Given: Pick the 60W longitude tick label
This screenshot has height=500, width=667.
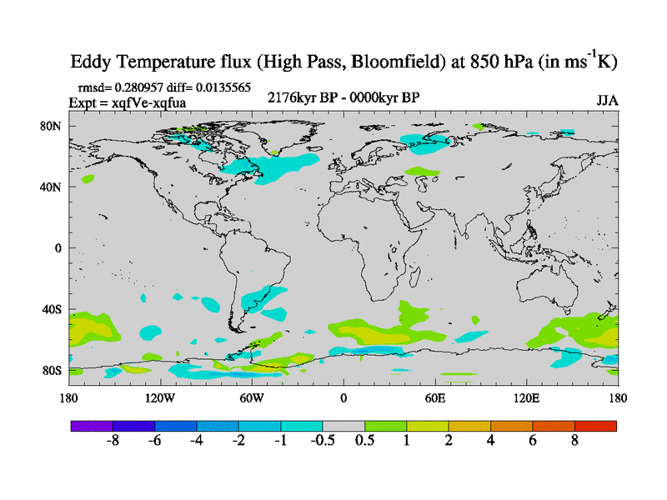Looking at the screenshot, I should (252, 397).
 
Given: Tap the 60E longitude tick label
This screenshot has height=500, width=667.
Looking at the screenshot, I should (434, 397).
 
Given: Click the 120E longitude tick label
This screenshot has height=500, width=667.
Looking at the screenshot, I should (526, 397).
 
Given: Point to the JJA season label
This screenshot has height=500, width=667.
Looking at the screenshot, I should (607, 102).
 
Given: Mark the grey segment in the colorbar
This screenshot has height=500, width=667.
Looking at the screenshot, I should (344, 426).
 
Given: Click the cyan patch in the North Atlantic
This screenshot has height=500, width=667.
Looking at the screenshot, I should (275, 167).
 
